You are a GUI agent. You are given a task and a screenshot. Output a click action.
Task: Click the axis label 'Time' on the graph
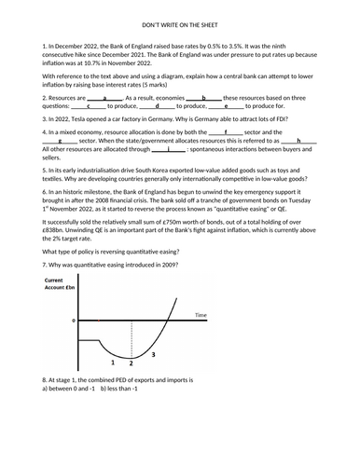(x=200, y=316)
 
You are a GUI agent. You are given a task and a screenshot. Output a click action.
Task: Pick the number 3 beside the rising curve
(x=152, y=355)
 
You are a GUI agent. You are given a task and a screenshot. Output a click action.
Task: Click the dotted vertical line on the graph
(x=132, y=339)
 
